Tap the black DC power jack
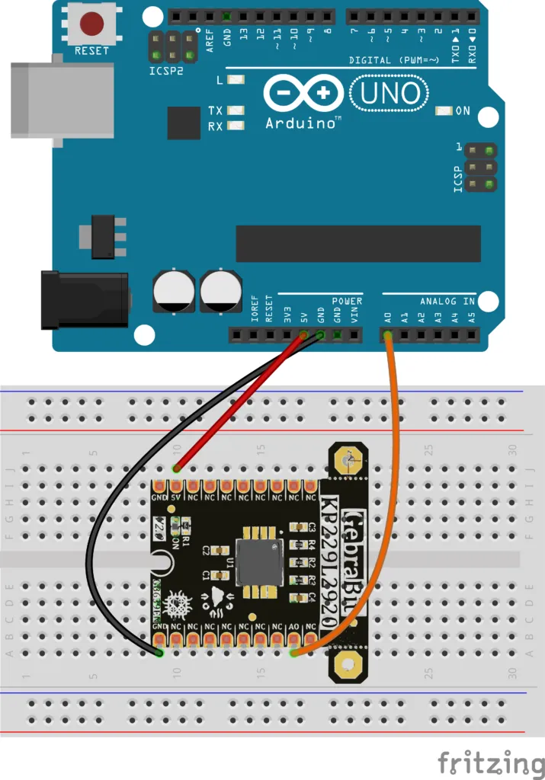coord(83,301)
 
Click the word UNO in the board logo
coord(389,93)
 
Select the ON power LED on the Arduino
coord(443,111)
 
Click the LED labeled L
coord(236,80)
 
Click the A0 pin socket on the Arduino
coord(387,334)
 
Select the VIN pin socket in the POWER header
coord(354,334)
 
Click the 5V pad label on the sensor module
coord(176,497)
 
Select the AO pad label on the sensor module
coord(293,627)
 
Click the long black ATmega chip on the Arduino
coord(358,244)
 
